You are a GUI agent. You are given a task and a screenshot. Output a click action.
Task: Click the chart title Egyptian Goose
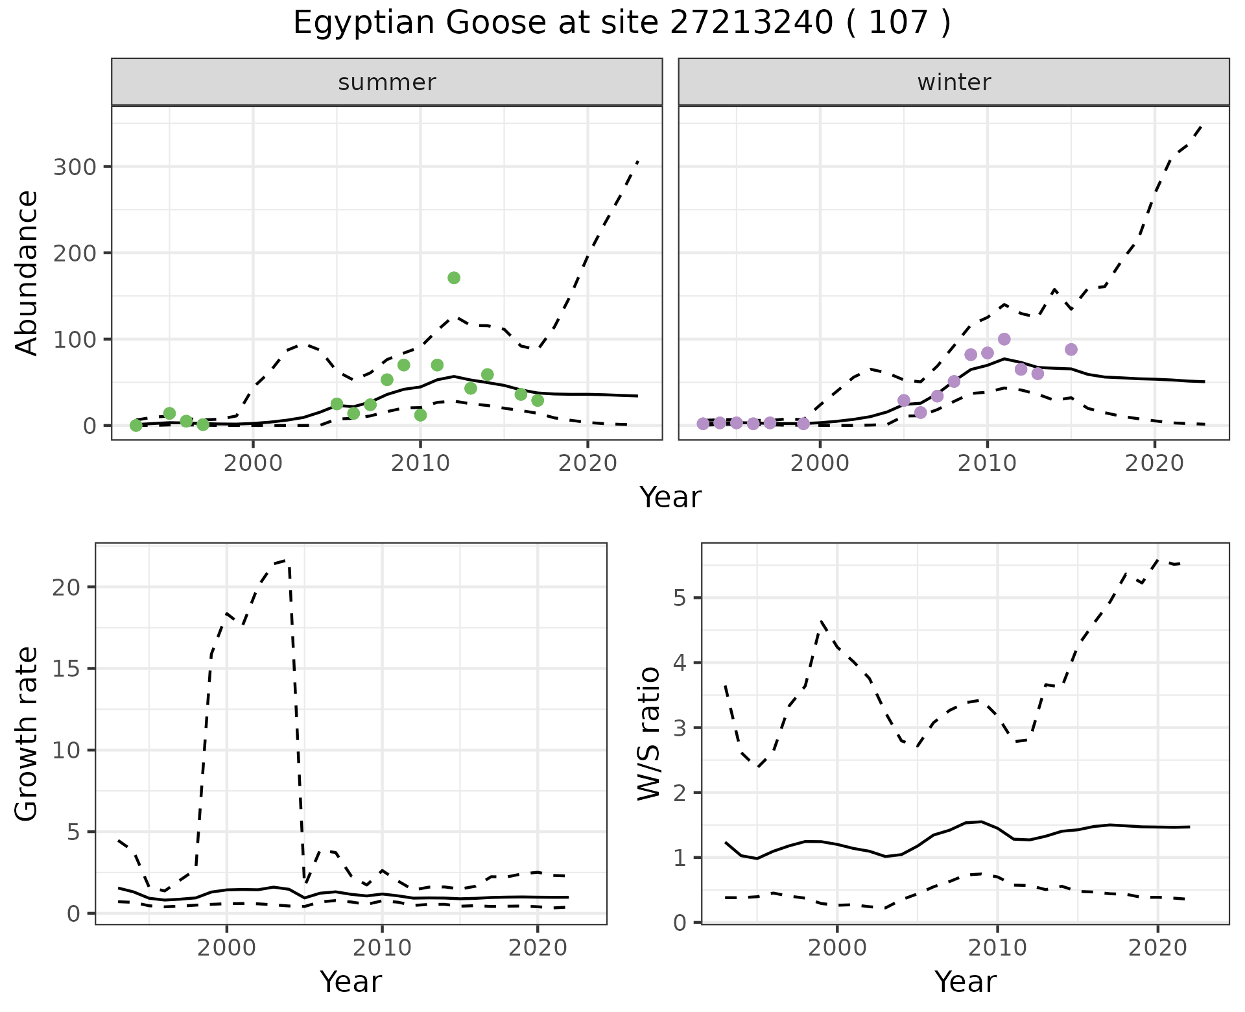(621, 23)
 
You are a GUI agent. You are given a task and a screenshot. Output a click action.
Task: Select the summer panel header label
(387, 82)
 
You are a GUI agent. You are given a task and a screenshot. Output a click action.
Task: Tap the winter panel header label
(954, 82)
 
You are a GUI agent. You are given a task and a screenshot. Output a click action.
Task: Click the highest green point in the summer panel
(454, 278)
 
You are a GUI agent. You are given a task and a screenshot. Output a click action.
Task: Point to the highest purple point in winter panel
(1004, 339)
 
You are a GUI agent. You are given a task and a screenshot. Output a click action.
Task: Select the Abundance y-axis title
(27, 272)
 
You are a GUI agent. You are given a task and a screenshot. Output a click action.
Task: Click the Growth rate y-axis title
(27, 734)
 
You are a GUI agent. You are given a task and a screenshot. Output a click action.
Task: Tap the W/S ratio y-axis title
(648, 734)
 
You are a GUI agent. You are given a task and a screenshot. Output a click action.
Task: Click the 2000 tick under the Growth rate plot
(226, 947)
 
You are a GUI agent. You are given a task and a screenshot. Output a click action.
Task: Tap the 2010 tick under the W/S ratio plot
(997, 947)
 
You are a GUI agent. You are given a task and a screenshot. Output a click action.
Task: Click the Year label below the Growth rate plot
(351, 982)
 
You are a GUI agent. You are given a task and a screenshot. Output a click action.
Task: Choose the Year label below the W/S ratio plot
(965, 982)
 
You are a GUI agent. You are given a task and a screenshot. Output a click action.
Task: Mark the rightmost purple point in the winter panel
(1071, 350)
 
